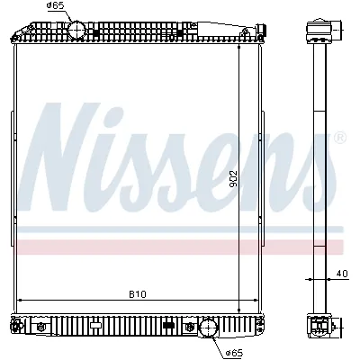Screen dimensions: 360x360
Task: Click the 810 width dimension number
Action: (137, 293)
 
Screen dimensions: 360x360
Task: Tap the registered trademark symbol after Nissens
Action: (339, 138)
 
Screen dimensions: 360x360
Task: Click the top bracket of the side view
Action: (319, 31)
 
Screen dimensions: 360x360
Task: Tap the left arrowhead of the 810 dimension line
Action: (19, 300)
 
